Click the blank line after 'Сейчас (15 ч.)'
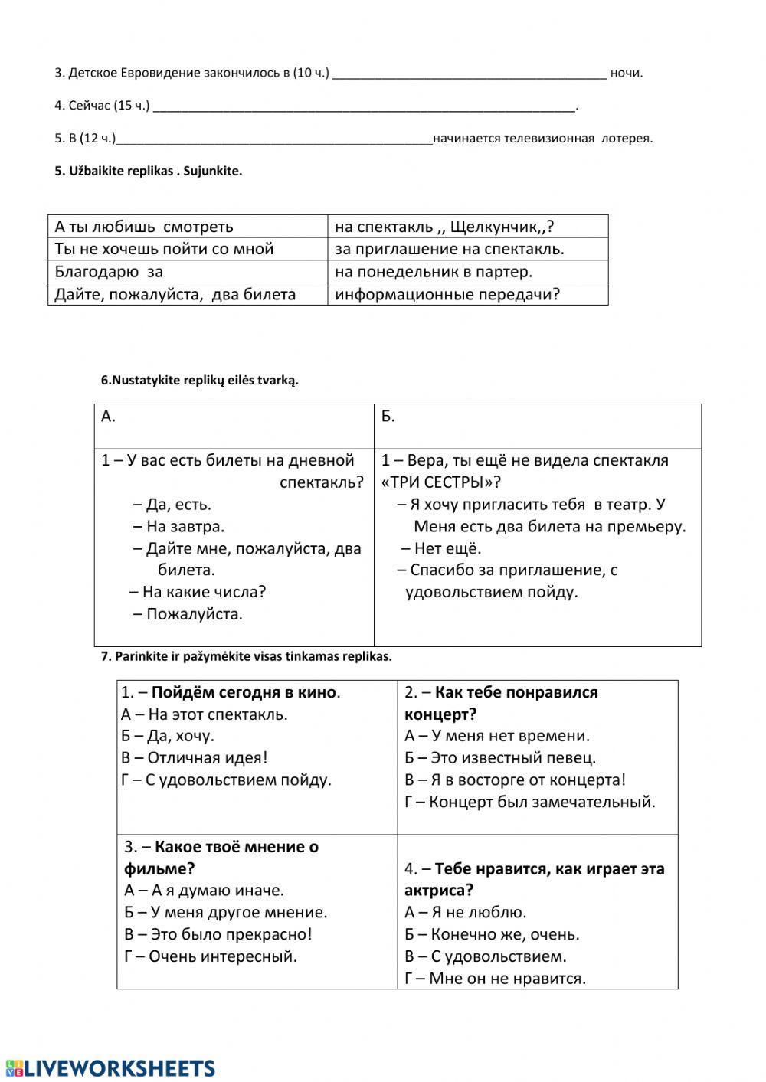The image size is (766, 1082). pyautogui.click(x=364, y=107)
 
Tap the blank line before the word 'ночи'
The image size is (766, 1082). pyautogui.click(x=470, y=74)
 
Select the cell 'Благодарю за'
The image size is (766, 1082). pyautogui.click(x=109, y=271)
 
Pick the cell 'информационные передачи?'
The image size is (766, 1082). pyautogui.click(x=447, y=294)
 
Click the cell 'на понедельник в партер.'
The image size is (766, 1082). pyautogui.click(x=434, y=271)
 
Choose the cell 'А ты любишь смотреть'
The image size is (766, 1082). pyautogui.click(x=144, y=227)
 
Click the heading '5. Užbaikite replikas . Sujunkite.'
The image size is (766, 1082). pyautogui.click(x=148, y=171)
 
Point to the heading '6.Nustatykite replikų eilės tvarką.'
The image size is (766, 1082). pyautogui.click(x=200, y=380)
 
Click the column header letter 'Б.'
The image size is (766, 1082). pyautogui.click(x=388, y=416)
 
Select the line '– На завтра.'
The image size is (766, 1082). pyautogui.click(x=178, y=526)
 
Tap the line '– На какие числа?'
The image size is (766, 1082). pyautogui.click(x=197, y=592)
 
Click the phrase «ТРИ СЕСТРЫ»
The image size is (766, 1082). pyautogui.click(x=436, y=482)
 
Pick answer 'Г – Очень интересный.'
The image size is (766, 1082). pyautogui.click(x=211, y=956)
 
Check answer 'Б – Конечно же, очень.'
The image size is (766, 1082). pyautogui.click(x=492, y=934)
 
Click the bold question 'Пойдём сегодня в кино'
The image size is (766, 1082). pyautogui.click(x=244, y=692)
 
